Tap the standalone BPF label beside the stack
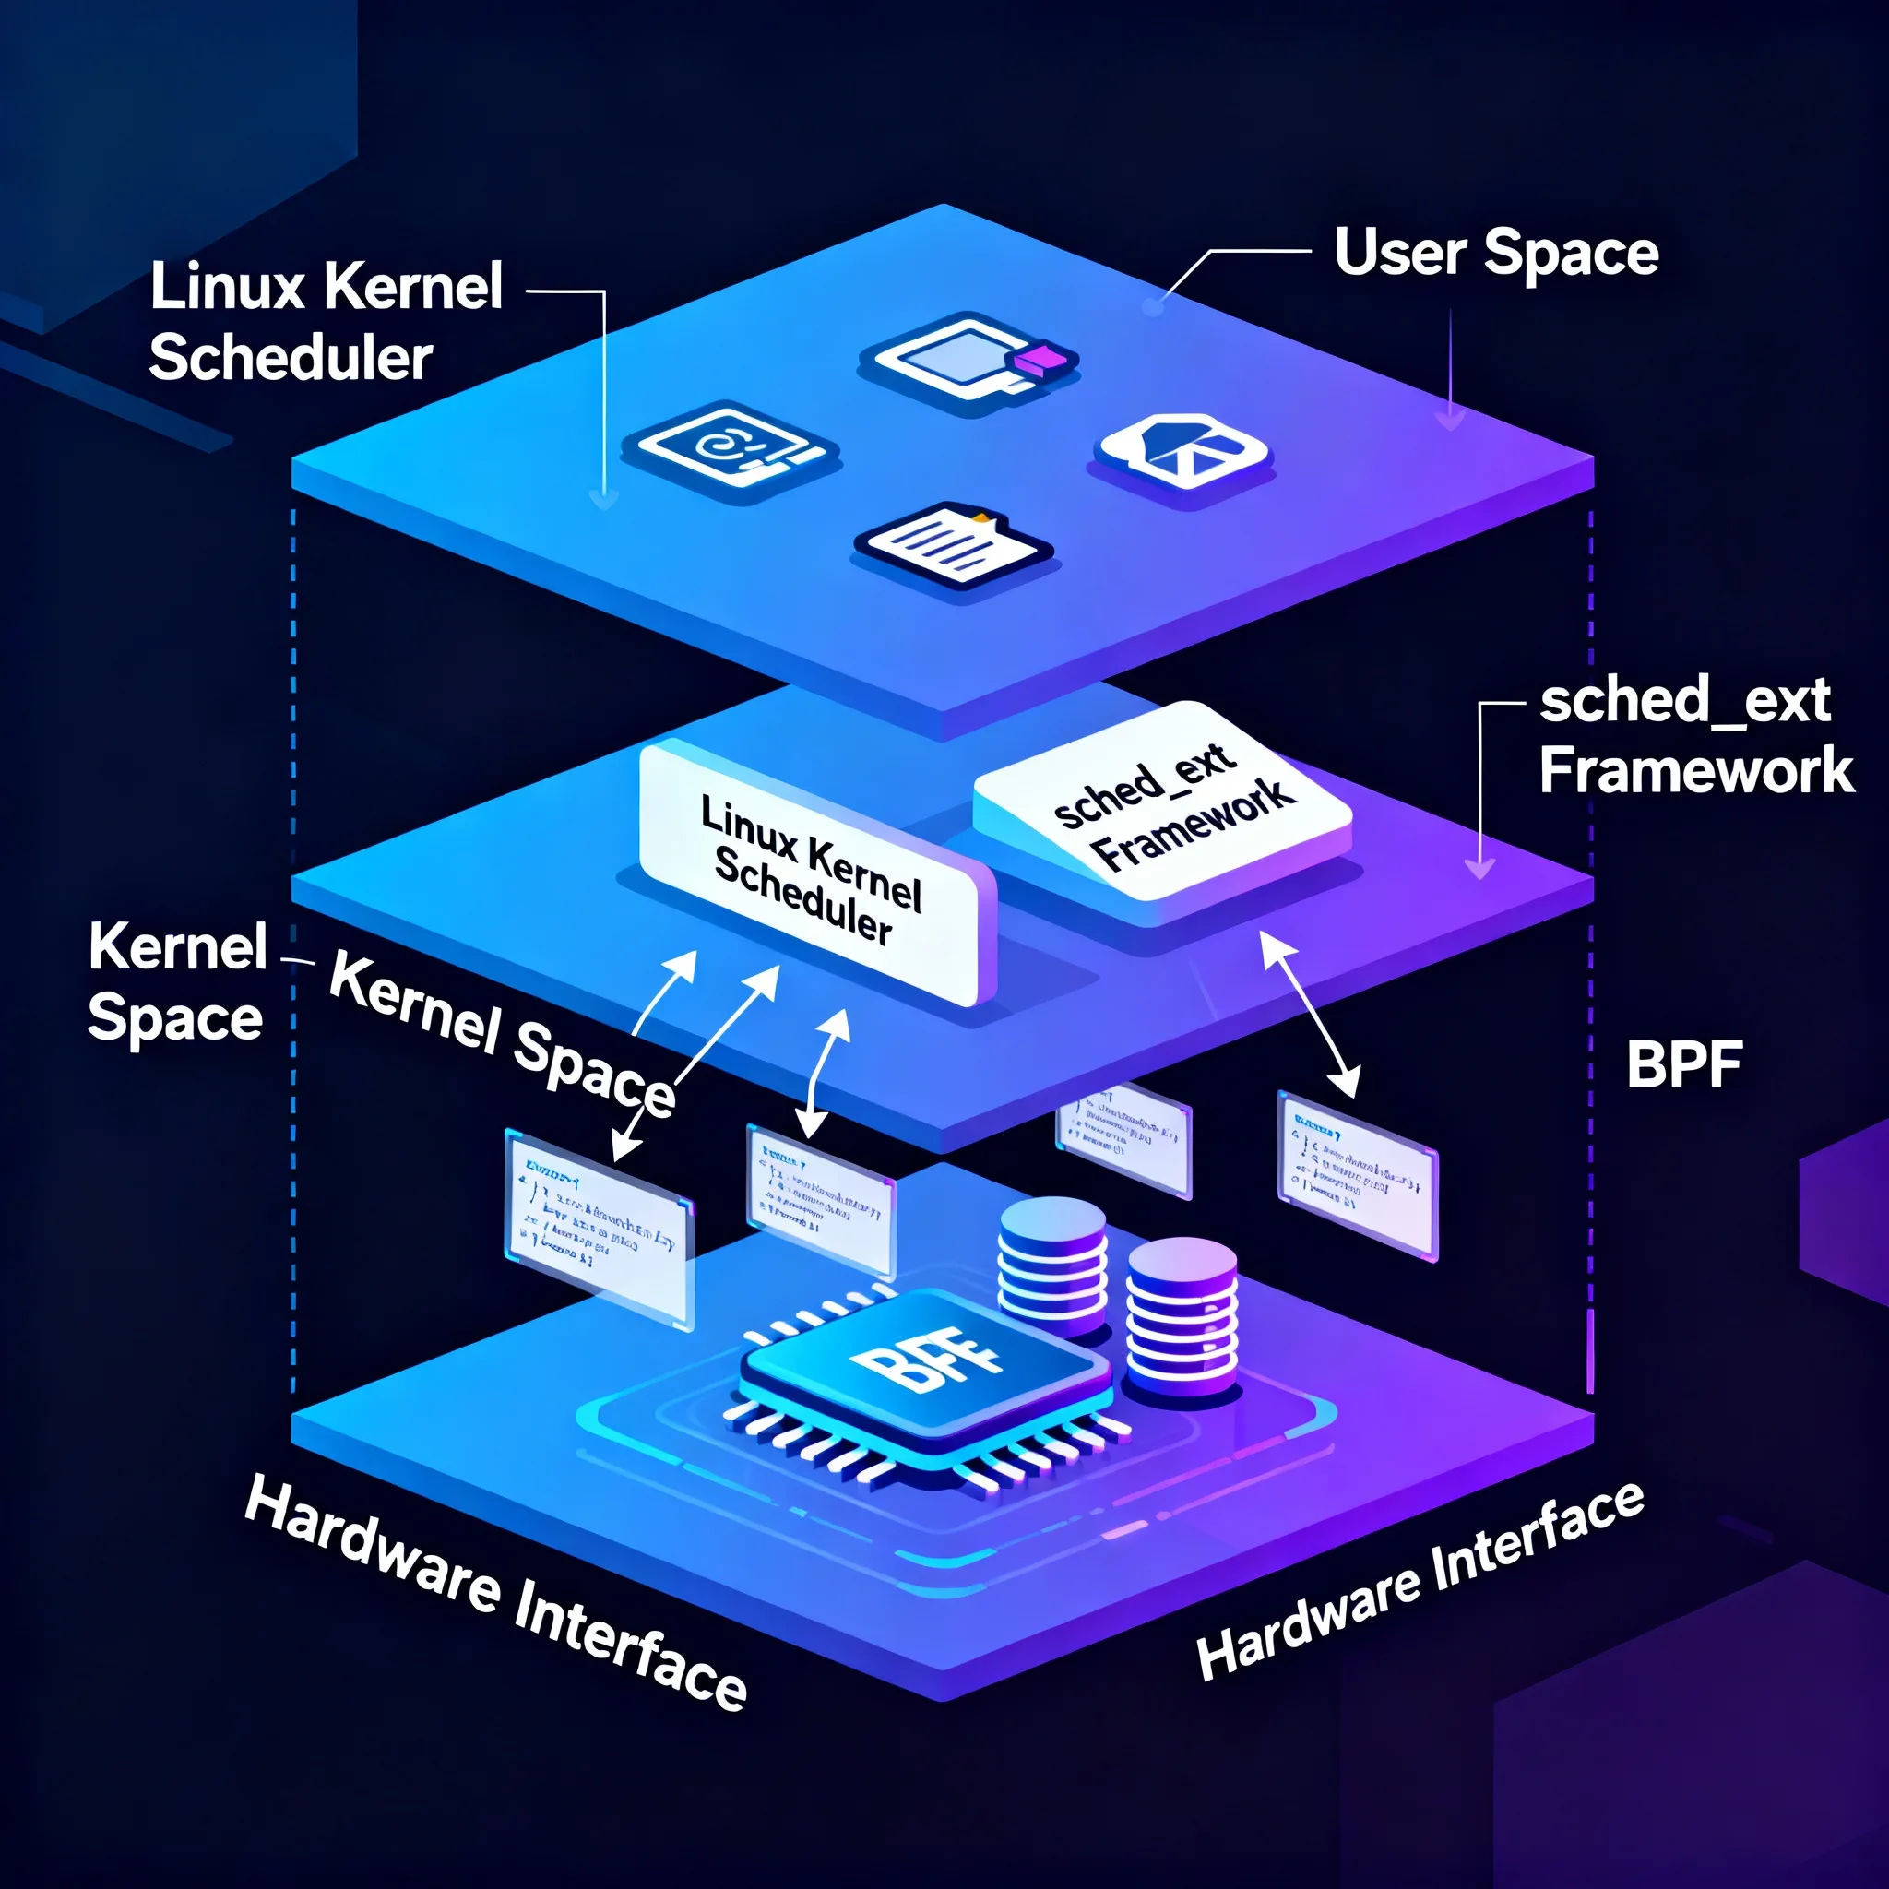coord(1683,1064)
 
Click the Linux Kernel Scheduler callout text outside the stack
coord(326,322)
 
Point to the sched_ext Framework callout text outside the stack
coord(1694,735)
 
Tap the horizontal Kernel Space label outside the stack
coord(177,981)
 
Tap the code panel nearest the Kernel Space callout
coord(599,1226)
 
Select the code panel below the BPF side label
coord(1357,1173)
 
